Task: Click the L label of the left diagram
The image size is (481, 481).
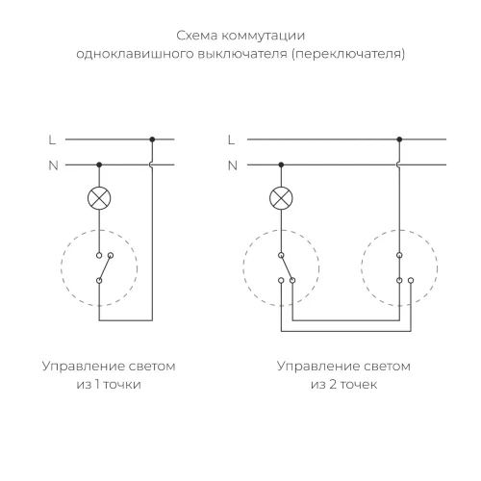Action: (x=53, y=139)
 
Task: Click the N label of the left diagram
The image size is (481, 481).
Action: (x=53, y=165)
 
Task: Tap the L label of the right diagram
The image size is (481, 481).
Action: (x=232, y=139)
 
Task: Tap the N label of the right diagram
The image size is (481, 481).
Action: (x=232, y=165)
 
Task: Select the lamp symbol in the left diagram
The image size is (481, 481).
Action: (x=98, y=199)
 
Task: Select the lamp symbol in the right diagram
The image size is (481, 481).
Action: (x=281, y=199)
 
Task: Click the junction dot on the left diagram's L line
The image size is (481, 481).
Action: (x=152, y=139)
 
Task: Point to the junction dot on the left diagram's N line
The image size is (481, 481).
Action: (x=98, y=165)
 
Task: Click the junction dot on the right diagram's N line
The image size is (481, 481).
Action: (x=281, y=165)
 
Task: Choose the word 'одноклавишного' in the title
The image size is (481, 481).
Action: (x=126, y=54)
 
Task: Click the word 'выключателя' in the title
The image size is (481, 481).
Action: (x=239, y=54)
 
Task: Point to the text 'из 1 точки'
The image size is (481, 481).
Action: (x=98, y=389)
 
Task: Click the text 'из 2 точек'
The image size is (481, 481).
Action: (x=343, y=389)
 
